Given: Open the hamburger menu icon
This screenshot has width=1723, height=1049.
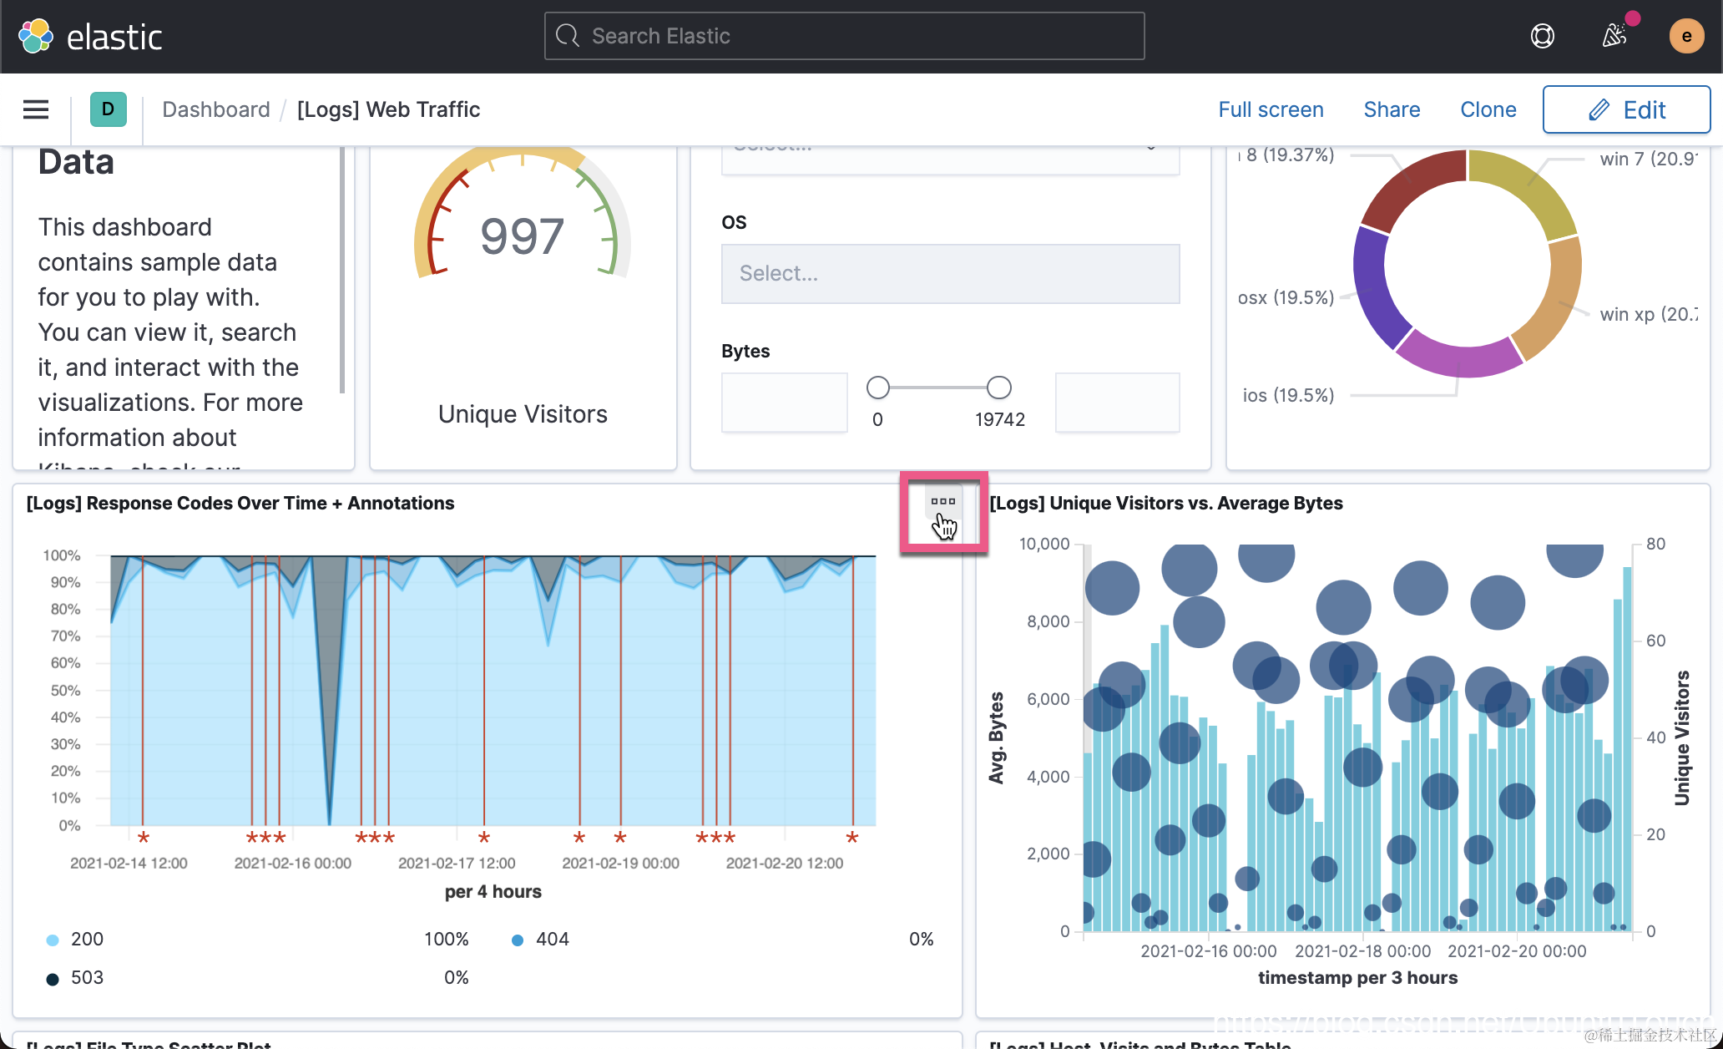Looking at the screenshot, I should (x=36, y=109).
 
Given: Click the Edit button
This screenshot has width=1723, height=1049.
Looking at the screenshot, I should (x=1626, y=109).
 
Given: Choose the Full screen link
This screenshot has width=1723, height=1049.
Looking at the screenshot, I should (x=1271, y=109).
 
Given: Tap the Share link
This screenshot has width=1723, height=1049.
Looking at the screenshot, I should (x=1392, y=109).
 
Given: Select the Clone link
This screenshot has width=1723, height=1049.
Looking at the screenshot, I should (x=1488, y=109).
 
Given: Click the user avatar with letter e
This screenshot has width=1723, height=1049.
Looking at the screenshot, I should (x=1686, y=36).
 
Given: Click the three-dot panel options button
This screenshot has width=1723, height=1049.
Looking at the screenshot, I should (x=943, y=502).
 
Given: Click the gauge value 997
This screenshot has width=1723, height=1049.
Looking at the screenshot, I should (x=523, y=236).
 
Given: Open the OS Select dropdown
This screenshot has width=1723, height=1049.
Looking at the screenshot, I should (x=950, y=273).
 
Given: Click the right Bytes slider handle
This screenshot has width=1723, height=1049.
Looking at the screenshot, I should (x=998, y=388).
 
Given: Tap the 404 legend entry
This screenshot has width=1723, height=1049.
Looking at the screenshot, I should (x=551, y=939).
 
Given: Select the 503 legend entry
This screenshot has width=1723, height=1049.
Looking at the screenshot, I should (x=86, y=977).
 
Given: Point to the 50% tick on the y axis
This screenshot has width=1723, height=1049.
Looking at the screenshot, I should (x=65, y=691).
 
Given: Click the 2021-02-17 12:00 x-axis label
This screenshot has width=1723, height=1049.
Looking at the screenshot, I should (x=457, y=863).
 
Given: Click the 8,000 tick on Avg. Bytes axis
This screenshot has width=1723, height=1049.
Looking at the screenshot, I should (x=1048, y=621).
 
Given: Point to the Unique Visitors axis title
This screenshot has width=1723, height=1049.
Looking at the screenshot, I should (x=1682, y=737).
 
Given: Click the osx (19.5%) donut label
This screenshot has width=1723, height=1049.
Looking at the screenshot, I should (x=1286, y=298).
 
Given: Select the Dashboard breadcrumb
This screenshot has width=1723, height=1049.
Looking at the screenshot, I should (x=216, y=109).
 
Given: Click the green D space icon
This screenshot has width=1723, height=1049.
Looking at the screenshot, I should (x=108, y=109).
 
